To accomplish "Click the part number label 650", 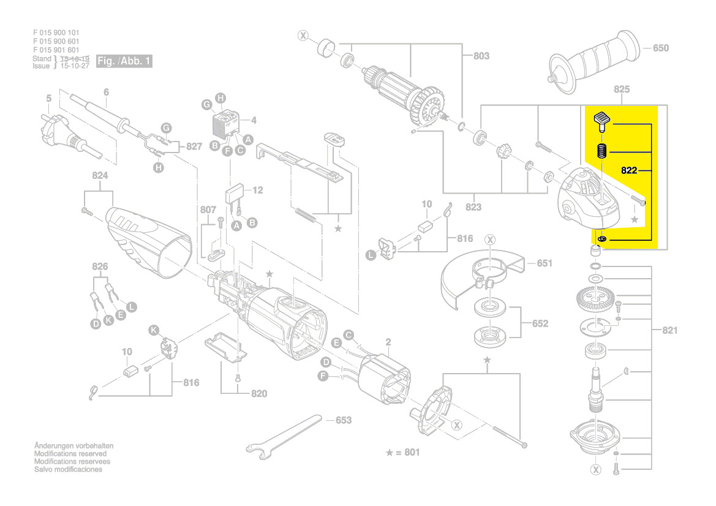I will point(661,48).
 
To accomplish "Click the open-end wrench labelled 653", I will point(282,436).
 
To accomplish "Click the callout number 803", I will point(481,56).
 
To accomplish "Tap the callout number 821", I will point(670,331).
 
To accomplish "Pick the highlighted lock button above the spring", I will point(602,120).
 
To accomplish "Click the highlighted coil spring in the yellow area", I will point(601,151).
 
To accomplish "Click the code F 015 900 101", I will point(56,32).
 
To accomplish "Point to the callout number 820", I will point(259,394).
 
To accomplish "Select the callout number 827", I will point(194,146).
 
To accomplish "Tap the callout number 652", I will point(540,323).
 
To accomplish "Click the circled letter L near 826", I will point(132,305).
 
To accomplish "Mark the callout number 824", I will point(100,176).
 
